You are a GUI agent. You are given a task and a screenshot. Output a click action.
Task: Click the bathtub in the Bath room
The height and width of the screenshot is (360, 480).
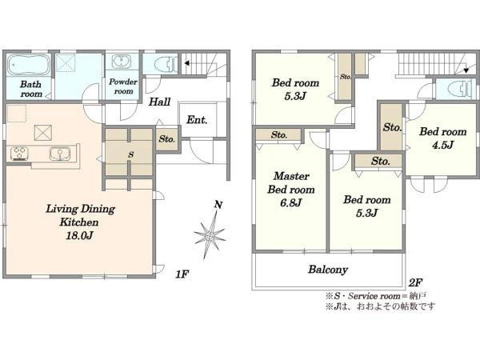pyautogui.click(x=29, y=65)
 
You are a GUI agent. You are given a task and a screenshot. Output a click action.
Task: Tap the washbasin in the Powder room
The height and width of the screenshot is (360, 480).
pyautogui.click(x=122, y=62)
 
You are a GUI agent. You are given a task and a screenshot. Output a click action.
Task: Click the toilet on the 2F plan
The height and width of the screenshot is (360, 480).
pyautogui.click(x=460, y=89)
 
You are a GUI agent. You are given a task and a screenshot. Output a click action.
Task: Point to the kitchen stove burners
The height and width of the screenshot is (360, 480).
pyautogui.click(x=19, y=154)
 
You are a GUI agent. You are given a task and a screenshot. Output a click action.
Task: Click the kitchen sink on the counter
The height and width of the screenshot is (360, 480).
pyautogui.click(x=60, y=153)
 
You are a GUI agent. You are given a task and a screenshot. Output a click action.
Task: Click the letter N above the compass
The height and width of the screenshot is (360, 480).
pyautogui.click(x=218, y=205)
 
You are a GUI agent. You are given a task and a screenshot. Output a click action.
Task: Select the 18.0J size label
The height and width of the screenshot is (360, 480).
pyautogui.click(x=79, y=235)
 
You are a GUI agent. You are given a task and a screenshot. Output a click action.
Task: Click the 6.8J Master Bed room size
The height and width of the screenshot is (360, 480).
pyautogui.click(x=291, y=202)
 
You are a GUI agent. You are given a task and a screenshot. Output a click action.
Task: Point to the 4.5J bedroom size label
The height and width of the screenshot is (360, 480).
pyautogui.click(x=442, y=145)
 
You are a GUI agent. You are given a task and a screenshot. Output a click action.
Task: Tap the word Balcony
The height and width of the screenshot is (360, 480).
pyautogui.click(x=328, y=270)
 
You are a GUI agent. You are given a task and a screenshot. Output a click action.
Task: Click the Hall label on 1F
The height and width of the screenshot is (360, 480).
pyautogui.click(x=159, y=102)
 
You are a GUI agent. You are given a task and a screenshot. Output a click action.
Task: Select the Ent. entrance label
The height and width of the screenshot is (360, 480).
pyautogui.click(x=197, y=120)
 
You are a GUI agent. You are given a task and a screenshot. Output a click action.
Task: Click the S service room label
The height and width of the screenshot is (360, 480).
pyautogui.click(x=130, y=154)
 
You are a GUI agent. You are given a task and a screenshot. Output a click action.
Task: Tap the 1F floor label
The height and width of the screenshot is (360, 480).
pyautogui.click(x=182, y=274)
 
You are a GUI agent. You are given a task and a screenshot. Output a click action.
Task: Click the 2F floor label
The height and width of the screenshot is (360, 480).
pyautogui.click(x=415, y=282)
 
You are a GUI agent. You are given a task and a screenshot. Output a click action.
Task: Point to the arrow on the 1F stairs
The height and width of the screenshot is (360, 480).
pyautogui.click(x=186, y=63)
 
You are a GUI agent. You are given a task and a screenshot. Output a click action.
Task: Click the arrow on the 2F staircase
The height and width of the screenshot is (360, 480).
pyautogui.click(x=466, y=70)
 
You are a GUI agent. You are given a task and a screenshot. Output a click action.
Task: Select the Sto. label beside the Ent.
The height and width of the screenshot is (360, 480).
pyautogui.click(x=167, y=139)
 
